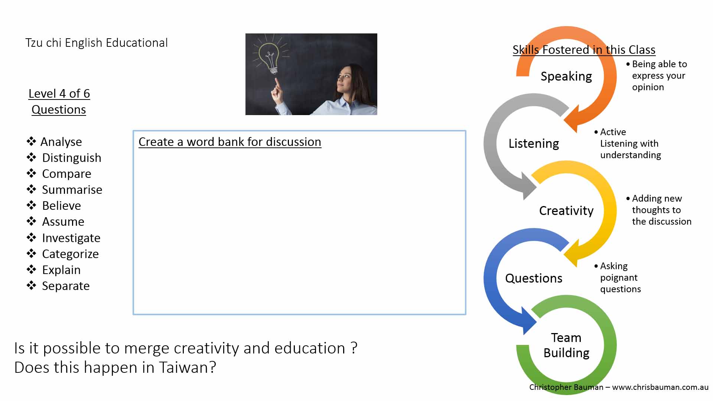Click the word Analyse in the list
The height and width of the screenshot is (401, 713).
61,142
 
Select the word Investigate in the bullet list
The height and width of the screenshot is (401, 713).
71,238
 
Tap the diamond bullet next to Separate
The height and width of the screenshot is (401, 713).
31,286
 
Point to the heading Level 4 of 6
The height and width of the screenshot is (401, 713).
59,94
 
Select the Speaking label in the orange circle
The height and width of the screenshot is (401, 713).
566,76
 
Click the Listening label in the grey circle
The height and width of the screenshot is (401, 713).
534,144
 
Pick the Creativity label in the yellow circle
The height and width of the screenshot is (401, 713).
566,211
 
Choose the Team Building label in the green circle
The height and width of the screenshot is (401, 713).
566,345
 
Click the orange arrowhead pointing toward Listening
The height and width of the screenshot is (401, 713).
572,118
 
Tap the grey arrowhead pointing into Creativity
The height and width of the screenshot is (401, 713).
529,186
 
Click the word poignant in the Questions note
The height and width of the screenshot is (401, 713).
619,278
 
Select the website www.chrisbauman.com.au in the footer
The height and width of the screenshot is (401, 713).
660,387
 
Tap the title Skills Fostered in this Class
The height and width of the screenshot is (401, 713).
584,50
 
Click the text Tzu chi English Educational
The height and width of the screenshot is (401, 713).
97,43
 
